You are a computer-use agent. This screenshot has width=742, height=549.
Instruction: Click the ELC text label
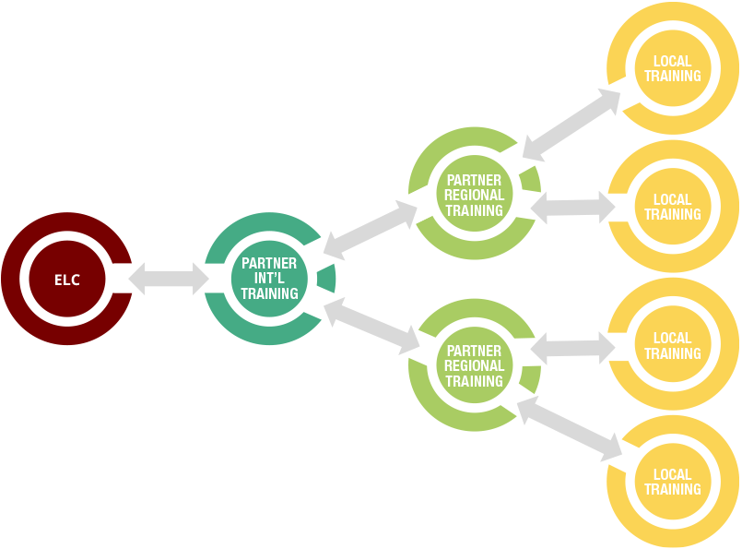66,280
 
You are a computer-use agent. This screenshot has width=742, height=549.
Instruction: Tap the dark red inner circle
67,279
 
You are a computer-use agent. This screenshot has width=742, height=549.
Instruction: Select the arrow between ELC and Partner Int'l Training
169,279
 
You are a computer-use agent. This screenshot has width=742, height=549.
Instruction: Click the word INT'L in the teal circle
269,278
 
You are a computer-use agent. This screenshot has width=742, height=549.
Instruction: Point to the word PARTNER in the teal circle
269,263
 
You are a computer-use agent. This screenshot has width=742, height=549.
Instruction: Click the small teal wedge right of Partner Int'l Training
326,279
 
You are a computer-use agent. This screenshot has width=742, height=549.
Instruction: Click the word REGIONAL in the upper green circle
474,195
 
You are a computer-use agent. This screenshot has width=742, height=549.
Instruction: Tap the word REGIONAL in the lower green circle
474,365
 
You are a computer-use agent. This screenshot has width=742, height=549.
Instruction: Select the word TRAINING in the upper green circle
474,209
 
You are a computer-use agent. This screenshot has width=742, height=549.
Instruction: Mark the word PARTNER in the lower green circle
474,351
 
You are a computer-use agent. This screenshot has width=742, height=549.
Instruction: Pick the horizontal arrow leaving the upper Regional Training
572,208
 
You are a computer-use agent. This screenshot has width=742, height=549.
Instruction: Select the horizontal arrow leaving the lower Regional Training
572,348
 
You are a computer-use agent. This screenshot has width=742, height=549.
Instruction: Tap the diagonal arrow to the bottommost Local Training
570,429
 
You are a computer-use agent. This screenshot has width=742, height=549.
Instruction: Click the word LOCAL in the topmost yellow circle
673,61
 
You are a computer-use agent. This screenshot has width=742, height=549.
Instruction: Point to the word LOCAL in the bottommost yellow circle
673,474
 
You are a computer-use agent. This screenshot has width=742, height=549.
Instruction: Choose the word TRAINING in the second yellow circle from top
673,214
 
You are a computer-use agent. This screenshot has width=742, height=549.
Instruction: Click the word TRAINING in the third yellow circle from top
673,353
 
